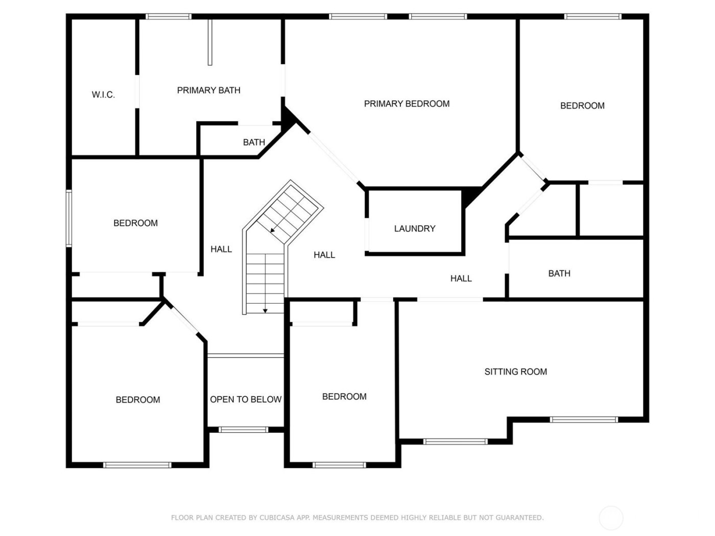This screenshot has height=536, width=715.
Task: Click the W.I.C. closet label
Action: [103, 95]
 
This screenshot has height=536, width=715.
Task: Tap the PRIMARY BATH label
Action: [208, 90]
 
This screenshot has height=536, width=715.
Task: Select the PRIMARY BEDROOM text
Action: [407, 104]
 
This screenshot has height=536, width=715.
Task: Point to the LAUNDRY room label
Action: [414, 229]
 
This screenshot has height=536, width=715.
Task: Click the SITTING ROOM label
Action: [515, 371]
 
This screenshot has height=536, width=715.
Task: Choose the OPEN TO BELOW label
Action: [245, 399]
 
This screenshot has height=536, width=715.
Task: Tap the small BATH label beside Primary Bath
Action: [254, 142]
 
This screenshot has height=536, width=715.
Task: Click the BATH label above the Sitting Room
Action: [559, 273]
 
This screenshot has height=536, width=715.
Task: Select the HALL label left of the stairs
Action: [221, 249]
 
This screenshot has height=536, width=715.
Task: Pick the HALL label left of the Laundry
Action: [324, 255]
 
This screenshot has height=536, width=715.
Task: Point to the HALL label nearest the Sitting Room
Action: [461, 278]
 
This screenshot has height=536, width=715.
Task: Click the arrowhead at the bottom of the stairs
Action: [265, 311]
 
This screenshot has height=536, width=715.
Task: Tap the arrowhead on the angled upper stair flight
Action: [272, 230]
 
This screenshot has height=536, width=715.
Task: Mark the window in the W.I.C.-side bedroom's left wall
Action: [69, 218]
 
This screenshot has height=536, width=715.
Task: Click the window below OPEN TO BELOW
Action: [243, 430]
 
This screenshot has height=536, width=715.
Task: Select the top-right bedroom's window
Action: [592, 16]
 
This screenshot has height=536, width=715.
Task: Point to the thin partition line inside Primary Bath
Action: [210, 42]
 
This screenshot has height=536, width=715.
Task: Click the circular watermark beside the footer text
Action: [611, 518]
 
